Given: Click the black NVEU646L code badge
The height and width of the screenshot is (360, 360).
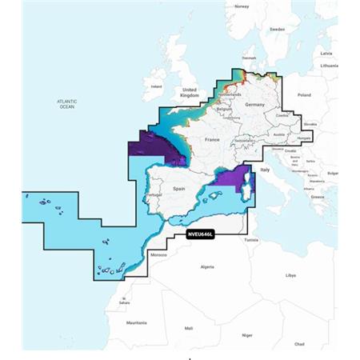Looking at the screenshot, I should coord(203,234).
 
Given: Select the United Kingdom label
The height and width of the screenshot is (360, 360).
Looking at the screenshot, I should coord(190,92).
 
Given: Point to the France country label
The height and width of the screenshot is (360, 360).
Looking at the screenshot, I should coord(212,140).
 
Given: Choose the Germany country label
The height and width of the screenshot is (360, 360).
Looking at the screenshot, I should coord(254,105).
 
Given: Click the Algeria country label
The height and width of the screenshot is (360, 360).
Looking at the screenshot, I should coord(207,266).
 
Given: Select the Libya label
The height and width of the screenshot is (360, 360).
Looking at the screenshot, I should coord(290,275).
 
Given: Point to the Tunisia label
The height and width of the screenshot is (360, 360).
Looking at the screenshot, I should coord(251,238).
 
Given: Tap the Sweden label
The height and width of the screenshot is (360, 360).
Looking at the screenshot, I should coord(277,29).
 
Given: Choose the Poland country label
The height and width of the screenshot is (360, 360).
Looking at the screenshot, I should coord(305,94).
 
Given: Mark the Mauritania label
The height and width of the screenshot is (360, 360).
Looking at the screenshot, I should coord(142,322).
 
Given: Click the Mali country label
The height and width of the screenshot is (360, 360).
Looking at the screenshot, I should coord(189,328).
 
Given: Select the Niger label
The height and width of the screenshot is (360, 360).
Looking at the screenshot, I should coord(248,335).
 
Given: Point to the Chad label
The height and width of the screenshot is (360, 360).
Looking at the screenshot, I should coord(298,343).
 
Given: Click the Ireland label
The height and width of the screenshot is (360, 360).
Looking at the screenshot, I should coord(157,86).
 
